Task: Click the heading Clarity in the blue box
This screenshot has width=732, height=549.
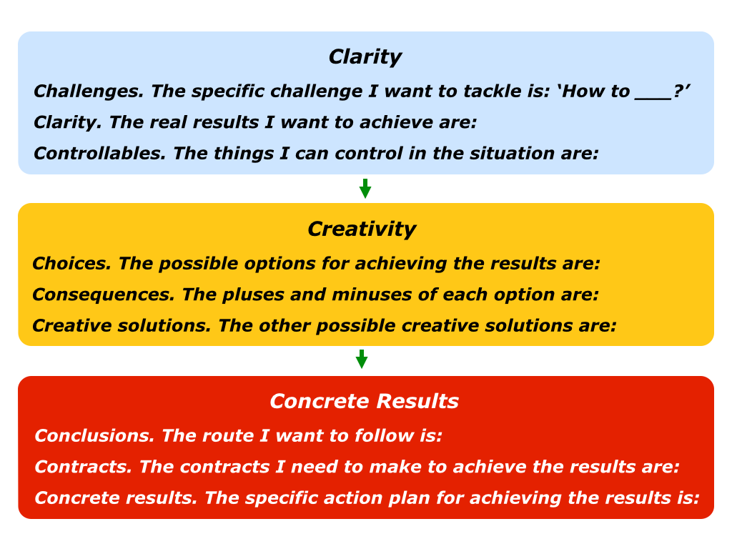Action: [365, 57]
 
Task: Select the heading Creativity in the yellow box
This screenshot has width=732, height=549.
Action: [362, 229]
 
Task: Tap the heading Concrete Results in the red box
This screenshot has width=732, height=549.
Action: [364, 401]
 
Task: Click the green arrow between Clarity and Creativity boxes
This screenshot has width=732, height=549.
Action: [365, 189]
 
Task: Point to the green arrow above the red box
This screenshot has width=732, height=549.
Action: [362, 359]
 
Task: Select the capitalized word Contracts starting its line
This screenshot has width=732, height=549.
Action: [83, 467]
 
